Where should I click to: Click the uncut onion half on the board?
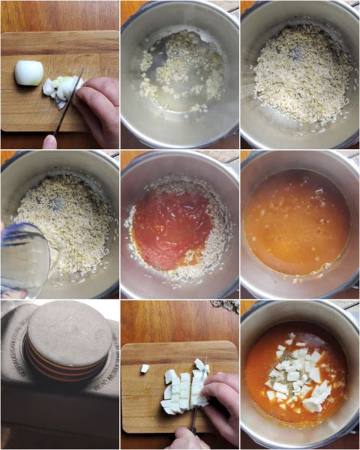tap(29, 73)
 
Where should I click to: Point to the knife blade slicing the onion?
tap(70, 102)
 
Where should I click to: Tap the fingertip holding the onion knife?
tap(49, 141)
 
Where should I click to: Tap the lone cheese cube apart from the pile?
tap(145, 368)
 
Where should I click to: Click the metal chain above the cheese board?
tap(226, 306)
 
